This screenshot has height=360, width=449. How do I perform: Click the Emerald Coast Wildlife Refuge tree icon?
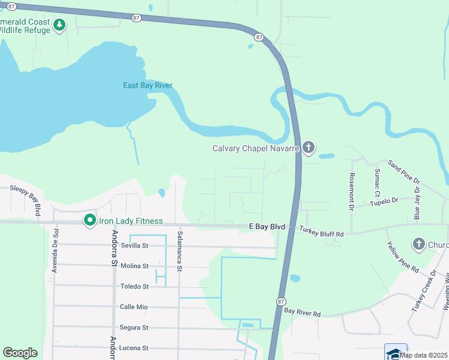click(59, 25)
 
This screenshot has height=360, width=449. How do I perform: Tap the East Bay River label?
click(148, 85)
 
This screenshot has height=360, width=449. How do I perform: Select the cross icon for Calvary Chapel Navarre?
click(308, 148)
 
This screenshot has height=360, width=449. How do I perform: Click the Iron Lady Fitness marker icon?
click(90, 221)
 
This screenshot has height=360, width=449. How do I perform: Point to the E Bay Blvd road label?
click(265, 227)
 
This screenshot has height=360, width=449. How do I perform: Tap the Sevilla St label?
click(134, 245)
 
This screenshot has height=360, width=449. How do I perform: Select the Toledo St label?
click(134, 287)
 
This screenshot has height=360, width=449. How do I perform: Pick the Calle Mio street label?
click(134, 307)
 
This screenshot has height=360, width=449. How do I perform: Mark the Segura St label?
click(134, 328)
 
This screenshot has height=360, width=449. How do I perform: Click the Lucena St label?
click(134, 348)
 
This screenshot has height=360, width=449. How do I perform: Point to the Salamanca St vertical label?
click(179, 251)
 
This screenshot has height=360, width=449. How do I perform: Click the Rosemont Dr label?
click(352, 192)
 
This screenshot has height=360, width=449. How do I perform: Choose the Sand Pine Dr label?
click(404, 172)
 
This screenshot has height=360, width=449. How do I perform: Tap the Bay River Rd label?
click(303, 313)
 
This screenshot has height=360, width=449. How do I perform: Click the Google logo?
click(20, 353)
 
